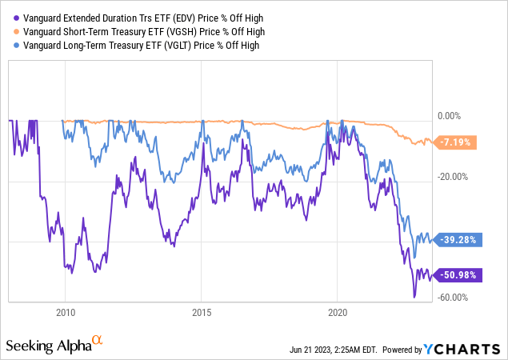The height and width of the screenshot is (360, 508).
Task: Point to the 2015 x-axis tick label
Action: (x=201, y=311)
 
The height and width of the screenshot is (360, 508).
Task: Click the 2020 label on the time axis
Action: (x=338, y=311)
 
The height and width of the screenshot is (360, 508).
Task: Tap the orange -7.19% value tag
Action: (x=457, y=142)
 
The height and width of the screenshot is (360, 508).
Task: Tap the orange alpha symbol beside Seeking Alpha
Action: (x=98, y=341)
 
